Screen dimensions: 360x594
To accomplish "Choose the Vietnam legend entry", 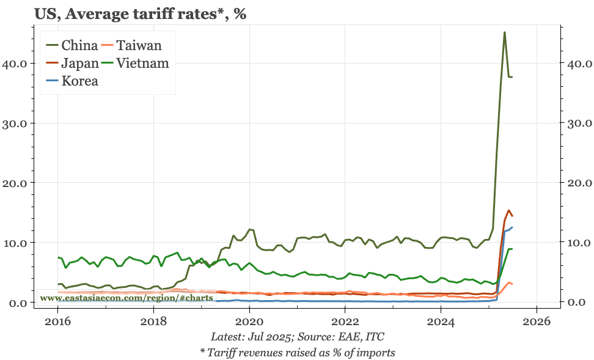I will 143,62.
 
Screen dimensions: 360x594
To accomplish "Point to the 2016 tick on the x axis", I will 57,321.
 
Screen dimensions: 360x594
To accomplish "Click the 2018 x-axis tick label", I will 153,321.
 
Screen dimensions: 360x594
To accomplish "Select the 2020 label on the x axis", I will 249,321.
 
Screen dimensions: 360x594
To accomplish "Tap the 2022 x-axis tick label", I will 345,321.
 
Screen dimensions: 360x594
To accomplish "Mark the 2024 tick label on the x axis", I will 441,321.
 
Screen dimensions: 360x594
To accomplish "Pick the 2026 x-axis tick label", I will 537,321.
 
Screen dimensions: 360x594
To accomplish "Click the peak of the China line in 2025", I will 504,32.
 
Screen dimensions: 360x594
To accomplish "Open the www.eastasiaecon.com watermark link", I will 126,298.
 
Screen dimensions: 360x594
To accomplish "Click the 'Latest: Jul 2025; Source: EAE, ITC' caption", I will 297,337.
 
